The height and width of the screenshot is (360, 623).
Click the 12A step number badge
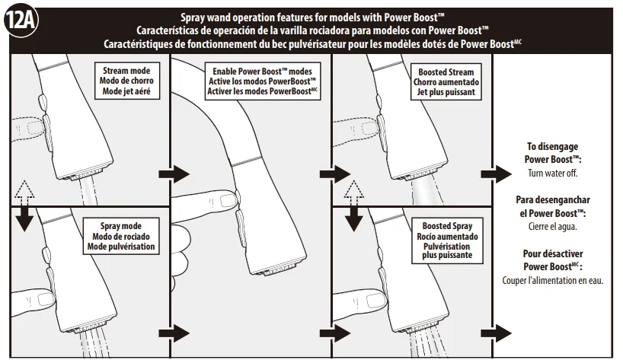21,21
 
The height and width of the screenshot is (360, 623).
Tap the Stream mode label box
126,81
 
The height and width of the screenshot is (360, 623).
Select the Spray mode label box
121,236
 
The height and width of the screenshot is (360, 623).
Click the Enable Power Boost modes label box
263,81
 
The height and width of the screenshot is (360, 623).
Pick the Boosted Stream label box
446,81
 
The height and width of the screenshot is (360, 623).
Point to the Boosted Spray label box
447,241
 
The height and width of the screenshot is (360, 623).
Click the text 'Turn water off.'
553,173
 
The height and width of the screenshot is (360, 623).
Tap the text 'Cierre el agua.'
553,227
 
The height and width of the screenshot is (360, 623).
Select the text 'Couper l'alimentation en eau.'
553,281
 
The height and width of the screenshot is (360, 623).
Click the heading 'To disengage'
553,146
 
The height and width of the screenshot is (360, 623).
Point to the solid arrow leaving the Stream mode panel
174,174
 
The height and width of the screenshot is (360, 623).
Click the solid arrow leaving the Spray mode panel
174,333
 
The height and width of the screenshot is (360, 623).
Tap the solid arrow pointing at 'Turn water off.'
497,174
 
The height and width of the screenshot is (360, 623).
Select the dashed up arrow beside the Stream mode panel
24,190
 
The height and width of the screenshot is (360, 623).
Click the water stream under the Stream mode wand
88,191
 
